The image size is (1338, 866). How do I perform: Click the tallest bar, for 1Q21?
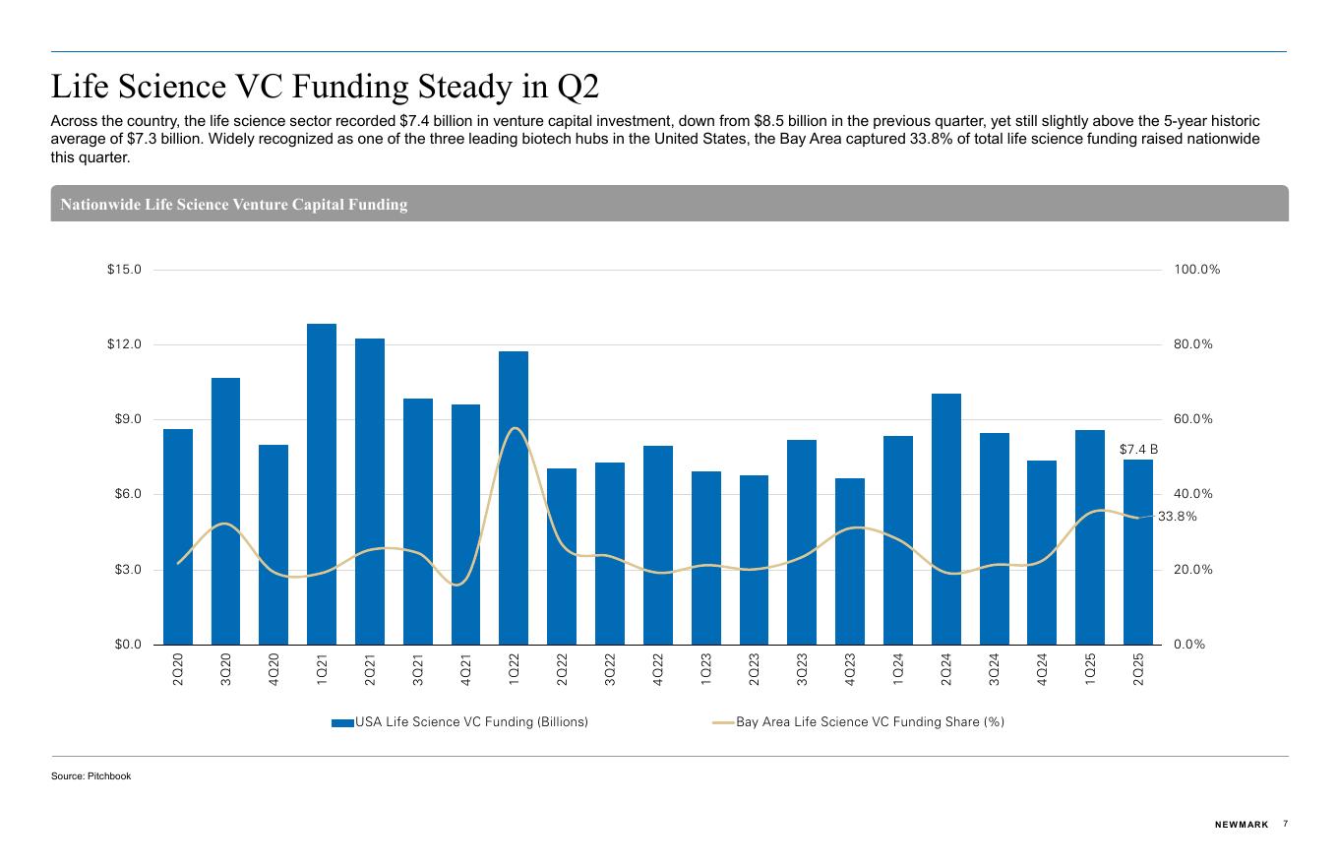(x=322, y=483)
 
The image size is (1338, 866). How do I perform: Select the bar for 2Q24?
(x=946, y=519)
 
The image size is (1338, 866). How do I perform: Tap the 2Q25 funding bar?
(x=1138, y=551)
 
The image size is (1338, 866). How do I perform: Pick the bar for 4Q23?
(x=850, y=561)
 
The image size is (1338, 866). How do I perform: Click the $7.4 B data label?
(x=1138, y=450)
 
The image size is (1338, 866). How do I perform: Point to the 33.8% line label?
(x=1177, y=517)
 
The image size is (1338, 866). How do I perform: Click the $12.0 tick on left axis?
(x=124, y=344)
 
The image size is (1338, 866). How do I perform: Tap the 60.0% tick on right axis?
(x=1192, y=419)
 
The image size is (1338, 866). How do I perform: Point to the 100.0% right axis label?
(x=1196, y=270)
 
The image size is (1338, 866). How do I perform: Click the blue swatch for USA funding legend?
(x=342, y=722)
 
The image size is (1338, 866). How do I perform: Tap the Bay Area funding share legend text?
(x=870, y=722)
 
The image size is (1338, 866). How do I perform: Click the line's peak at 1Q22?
(x=515, y=428)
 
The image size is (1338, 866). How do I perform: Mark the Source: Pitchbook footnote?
(x=91, y=776)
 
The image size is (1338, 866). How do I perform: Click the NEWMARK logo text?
(x=1242, y=825)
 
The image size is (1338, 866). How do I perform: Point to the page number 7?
(x=1285, y=824)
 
